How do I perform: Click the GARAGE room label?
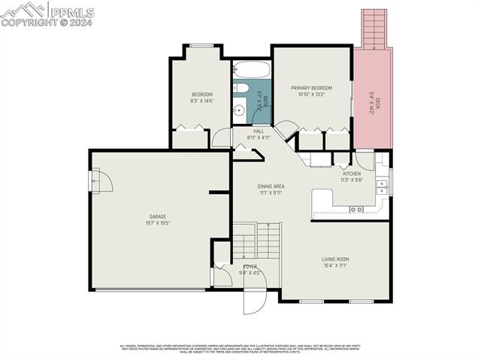(x=156, y=216)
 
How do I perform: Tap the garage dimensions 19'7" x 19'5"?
(x=156, y=223)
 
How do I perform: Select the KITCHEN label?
(x=352, y=174)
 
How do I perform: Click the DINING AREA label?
(x=271, y=186)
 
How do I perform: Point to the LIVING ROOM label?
(x=335, y=259)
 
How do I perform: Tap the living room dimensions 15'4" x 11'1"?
(x=335, y=266)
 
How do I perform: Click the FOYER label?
(x=250, y=267)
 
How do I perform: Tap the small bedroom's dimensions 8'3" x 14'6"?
(x=201, y=101)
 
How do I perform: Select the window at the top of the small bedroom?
(x=201, y=46)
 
